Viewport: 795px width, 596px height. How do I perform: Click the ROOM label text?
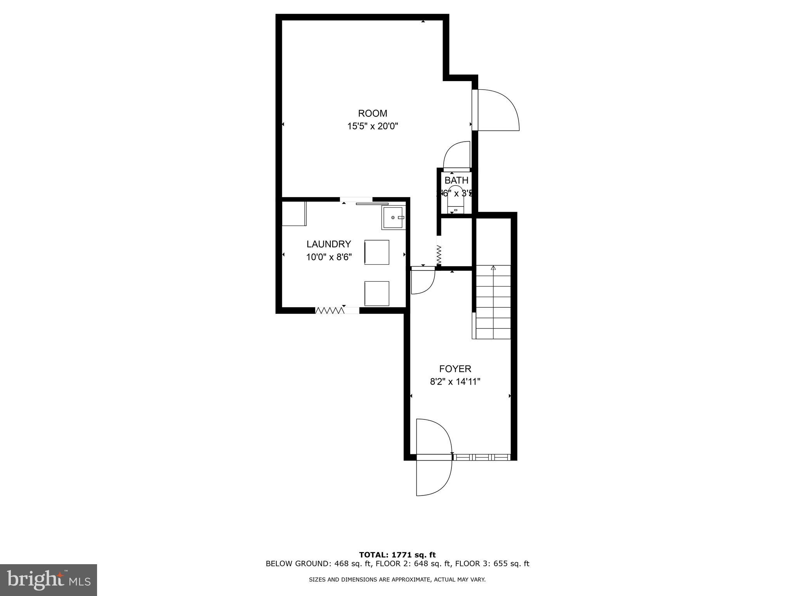click(372, 113)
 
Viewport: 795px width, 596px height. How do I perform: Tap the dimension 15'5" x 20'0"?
click(372, 126)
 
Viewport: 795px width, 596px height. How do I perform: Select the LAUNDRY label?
click(328, 244)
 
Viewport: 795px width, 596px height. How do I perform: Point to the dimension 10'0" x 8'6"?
click(328, 257)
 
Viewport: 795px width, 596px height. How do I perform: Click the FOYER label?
click(455, 369)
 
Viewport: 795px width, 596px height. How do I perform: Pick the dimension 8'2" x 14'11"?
click(455, 382)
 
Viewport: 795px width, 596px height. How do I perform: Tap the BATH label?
click(456, 180)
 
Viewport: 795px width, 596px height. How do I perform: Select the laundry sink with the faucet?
click(393, 218)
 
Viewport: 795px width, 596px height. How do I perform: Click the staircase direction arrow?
click(493, 268)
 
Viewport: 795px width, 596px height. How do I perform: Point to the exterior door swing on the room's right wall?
click(499, 110)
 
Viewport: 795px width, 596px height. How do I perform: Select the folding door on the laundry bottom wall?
click(330, 310)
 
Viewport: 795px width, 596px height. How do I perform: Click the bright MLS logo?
click(48, 580)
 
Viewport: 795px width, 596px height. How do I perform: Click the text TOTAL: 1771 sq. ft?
click(397, 555)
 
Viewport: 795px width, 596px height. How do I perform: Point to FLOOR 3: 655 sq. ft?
click(492, 564)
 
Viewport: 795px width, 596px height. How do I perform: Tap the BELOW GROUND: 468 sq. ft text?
click(318, 564)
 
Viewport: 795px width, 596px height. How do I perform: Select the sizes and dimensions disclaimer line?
click(397, 580)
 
